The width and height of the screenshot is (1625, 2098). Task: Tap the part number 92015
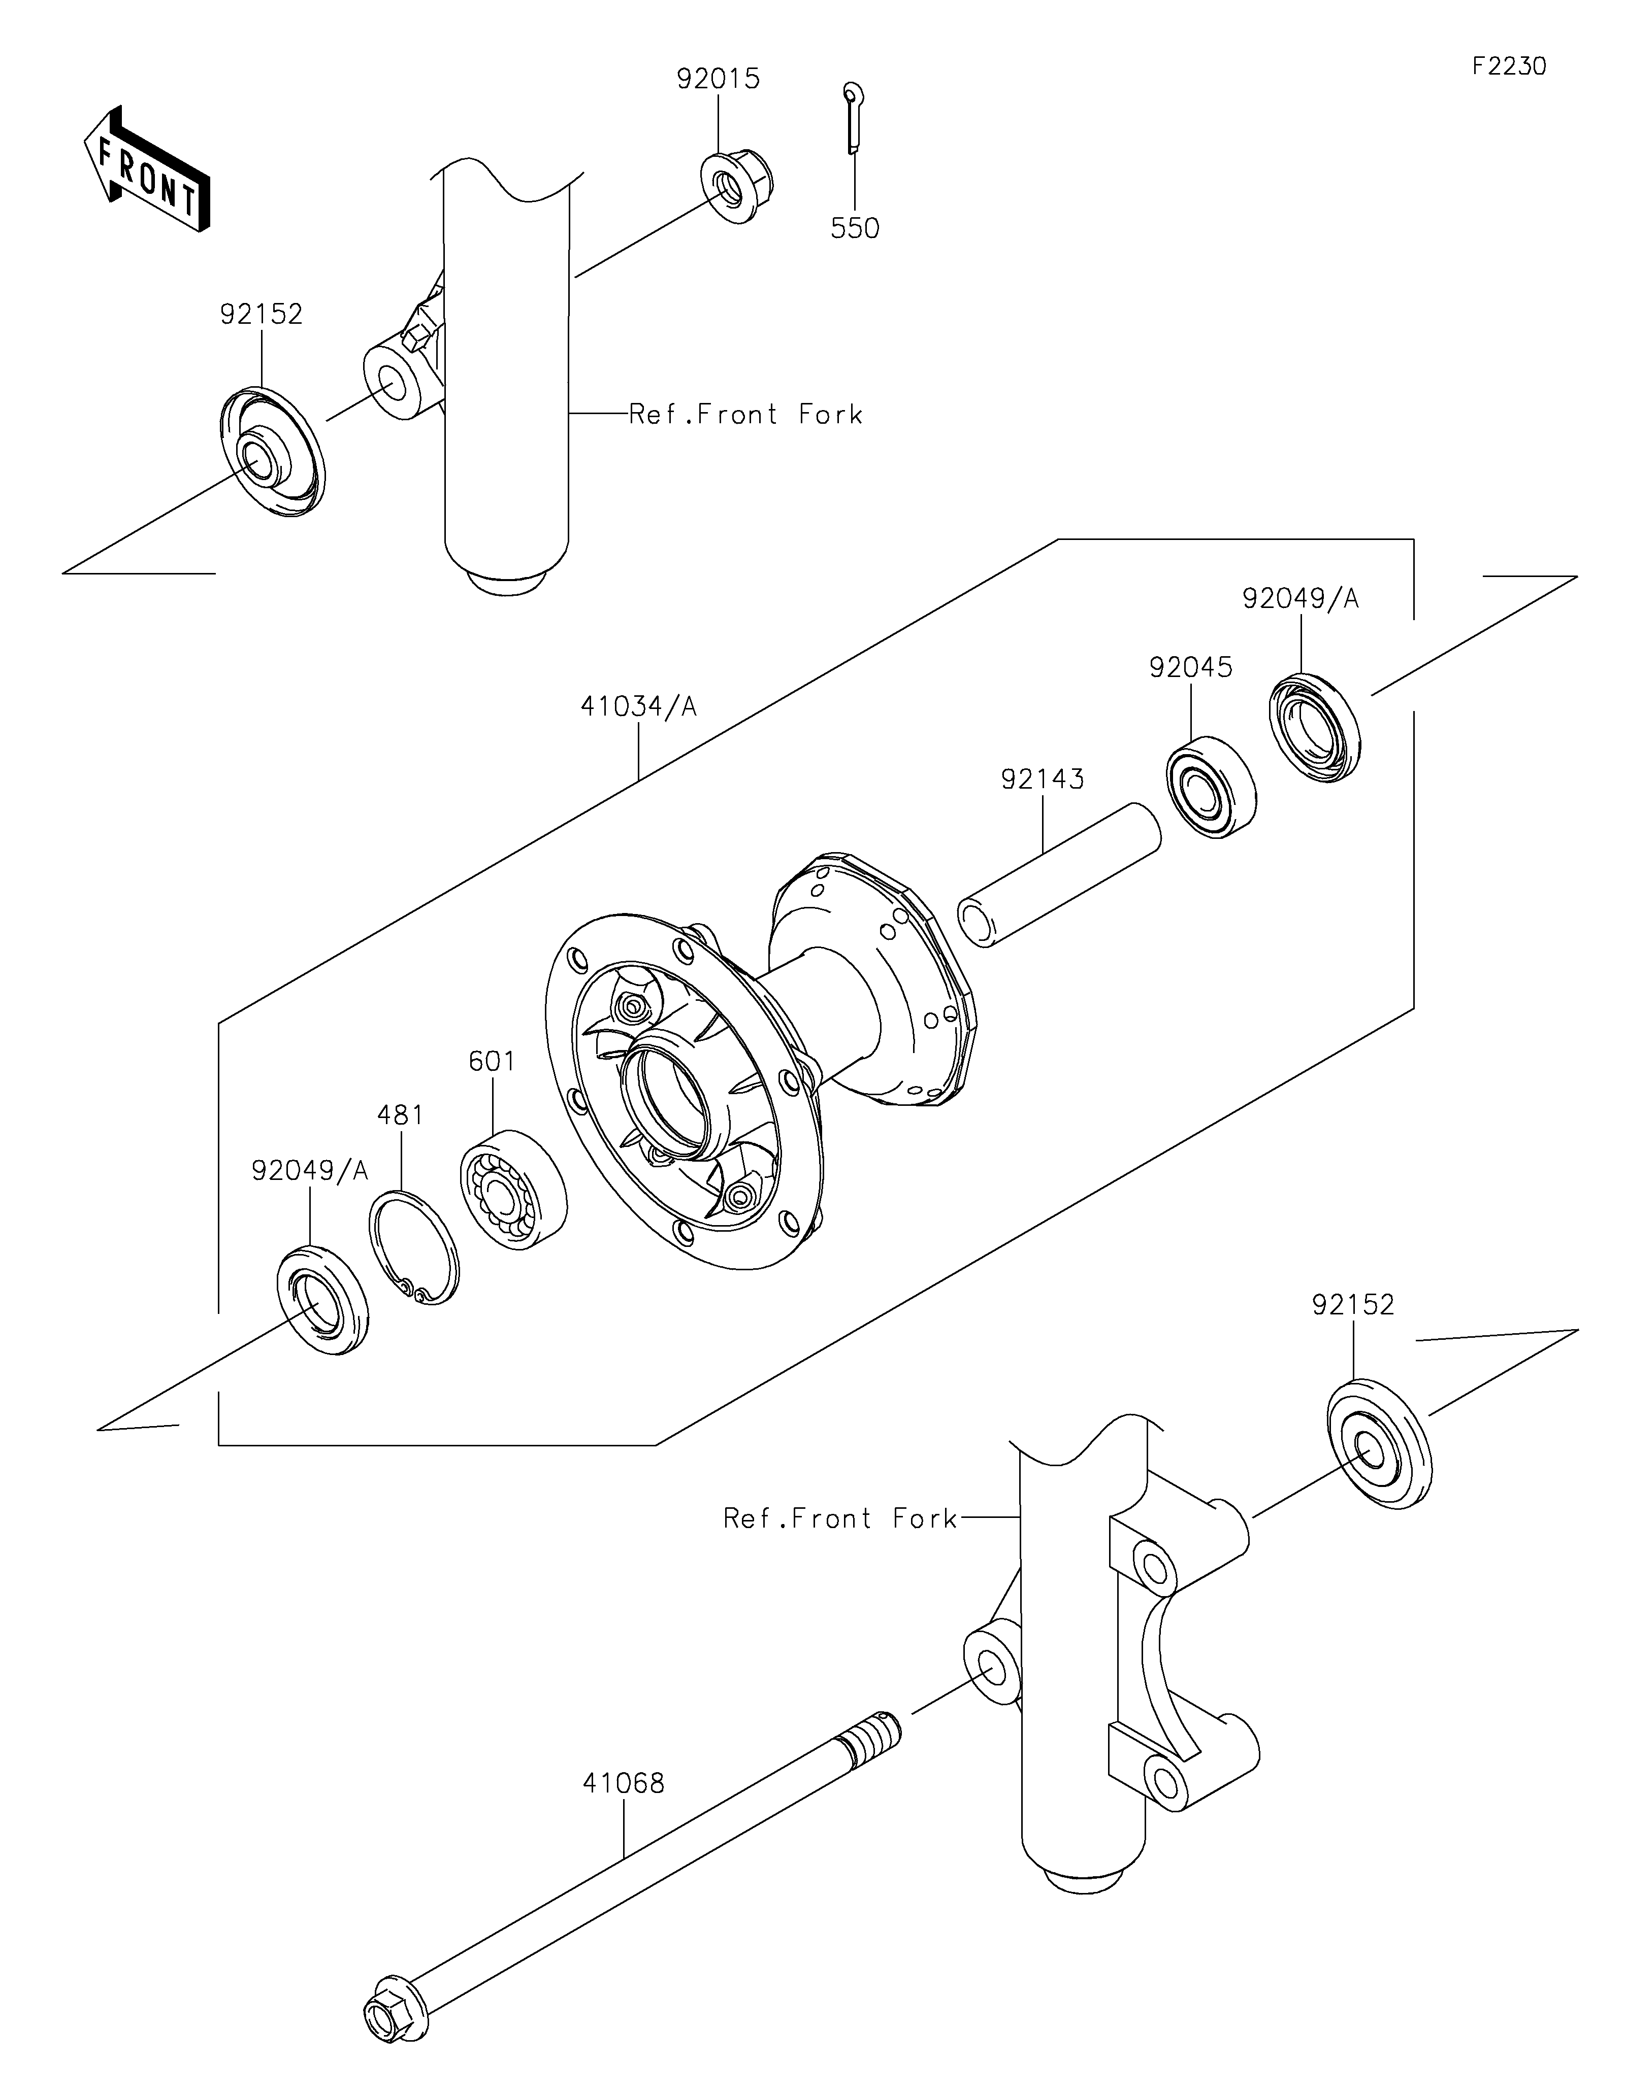(x=718, y=79)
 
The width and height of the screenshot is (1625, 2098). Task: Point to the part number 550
(x=854, y=228)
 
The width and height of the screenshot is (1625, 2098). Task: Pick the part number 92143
(x=1043, y=779)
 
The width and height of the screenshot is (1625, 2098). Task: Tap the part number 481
(x=400, y=1115)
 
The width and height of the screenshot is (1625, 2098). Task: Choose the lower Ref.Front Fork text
(x=841, y=1519)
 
